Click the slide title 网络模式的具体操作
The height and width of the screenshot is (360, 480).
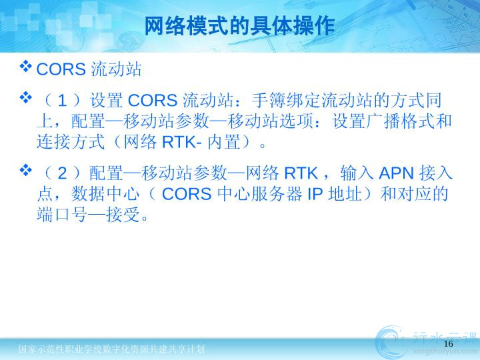click(239, 26)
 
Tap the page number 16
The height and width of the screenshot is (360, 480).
click(448, 343)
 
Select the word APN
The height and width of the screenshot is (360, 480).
click(396, 173)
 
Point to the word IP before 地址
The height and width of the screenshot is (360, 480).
click(315, 194)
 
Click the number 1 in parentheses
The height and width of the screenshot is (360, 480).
click(62, 101)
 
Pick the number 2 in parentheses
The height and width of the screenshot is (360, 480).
click(62, 173)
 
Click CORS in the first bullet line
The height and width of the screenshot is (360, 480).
click(61, 69)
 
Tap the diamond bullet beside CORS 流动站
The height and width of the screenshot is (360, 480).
click(26, 67)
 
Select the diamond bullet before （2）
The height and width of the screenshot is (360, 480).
click(26, 170)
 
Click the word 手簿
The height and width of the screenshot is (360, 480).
click(269, 101)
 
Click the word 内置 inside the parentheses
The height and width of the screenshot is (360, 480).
click(224, 142)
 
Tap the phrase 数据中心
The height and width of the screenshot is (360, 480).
click(105, 194)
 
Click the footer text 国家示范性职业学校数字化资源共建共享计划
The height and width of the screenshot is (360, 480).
click(111, 349)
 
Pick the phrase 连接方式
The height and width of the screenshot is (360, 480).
click(71, 142)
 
